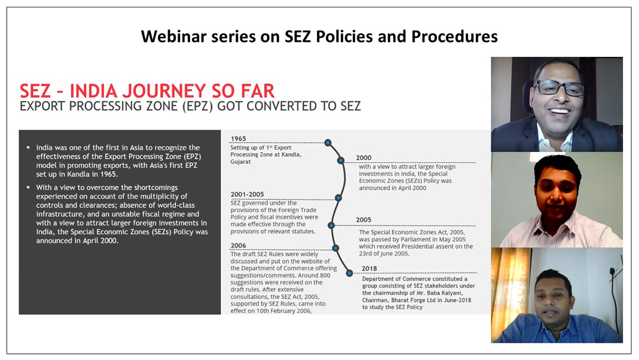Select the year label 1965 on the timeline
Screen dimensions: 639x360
tap(238, 139)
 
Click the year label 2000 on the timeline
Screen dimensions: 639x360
tap(363, 158)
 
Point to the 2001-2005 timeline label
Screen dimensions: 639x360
tap(248, 195)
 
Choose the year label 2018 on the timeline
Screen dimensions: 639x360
tap(369, 268)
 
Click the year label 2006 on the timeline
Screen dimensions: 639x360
tap(238, 245)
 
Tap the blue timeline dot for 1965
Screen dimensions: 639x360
tap(328, 143)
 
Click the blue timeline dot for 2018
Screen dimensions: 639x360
tap(349, 273)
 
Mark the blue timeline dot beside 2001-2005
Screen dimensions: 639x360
tap(338, 198)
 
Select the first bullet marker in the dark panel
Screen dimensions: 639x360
tap(28, 147)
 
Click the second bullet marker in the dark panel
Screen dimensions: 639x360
tap(28, 188)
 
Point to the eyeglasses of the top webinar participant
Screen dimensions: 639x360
tap(559, 87)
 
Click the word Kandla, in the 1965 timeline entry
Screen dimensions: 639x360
tap(290, 154)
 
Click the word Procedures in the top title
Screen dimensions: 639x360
tap(454, 37)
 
